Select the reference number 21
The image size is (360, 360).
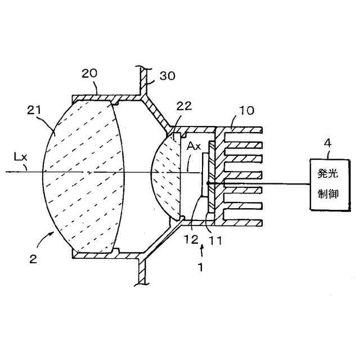(37, 111)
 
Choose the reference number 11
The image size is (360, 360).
(215, 240)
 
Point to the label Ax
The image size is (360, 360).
(193, 146)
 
